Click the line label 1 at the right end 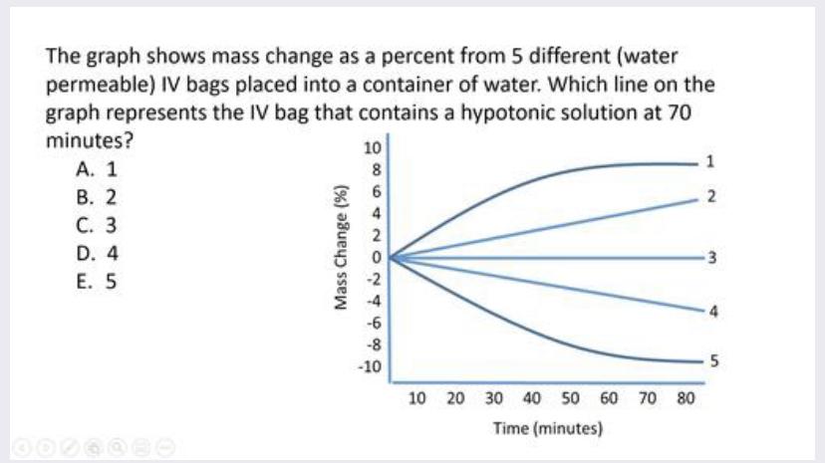709,161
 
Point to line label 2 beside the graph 709,197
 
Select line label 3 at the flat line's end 709,258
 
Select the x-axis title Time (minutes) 548,429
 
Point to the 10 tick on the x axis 417,399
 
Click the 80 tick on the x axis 685,399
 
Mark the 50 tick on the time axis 570,399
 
